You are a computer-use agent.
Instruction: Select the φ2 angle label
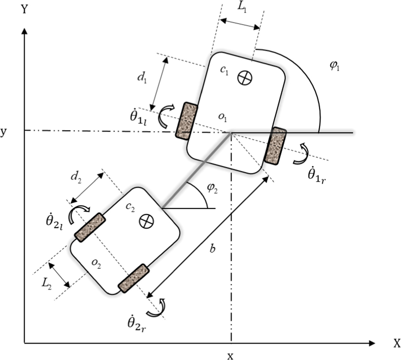tap(211, 188)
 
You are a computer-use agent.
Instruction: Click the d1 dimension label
tap(141, 77)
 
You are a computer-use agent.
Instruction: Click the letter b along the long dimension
tap(212, 249)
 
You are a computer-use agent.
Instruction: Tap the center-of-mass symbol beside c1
tap(245, 78)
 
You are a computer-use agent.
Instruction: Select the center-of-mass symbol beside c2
tap(147, 221)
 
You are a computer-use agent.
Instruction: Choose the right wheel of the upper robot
tap(275, 146)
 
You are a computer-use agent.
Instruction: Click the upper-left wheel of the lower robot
tap(89, 228)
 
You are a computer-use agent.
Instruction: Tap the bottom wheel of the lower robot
tap(133, 278)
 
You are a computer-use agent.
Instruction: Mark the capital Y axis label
tap(24, 10)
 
